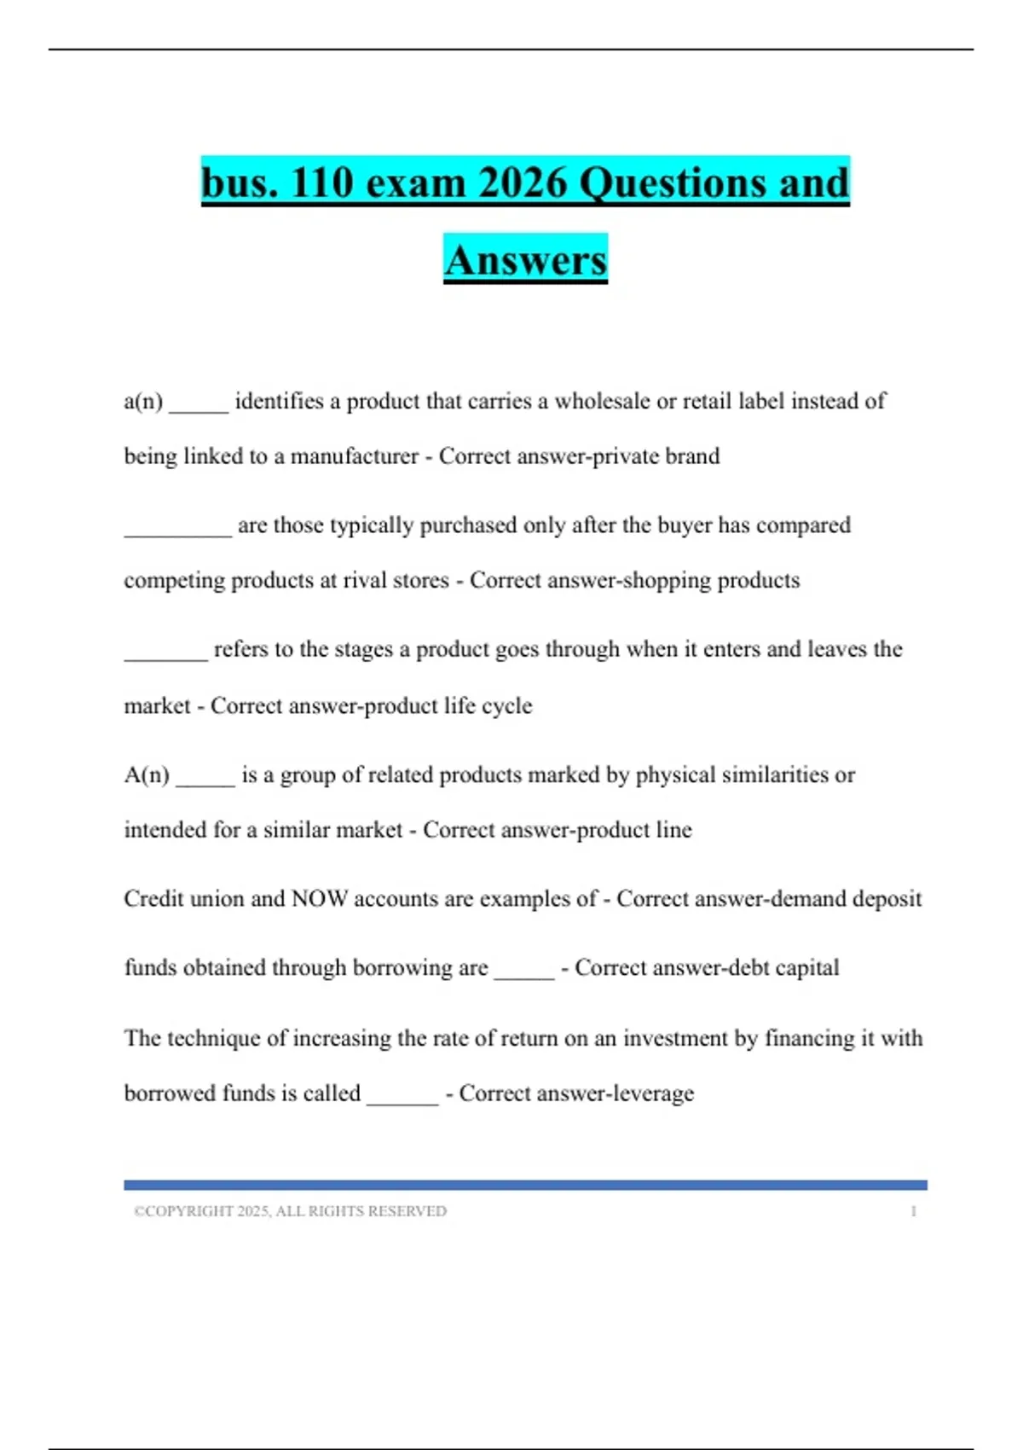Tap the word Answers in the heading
pyautogui.click(x=525, y=259)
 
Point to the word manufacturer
pyautogui.click(x=355, y=456)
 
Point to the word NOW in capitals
pyautogui.click(x=320, y=898)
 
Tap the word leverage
pyautogui.click(x=654, y=1093)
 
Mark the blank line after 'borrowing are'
pyautogui.click(x=524, y=972)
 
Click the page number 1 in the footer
pyautogui.click(x=913, y=1211)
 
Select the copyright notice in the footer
pyautogui.click(x=290, y=1211)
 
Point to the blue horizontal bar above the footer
pyautogui.click(x=525, y=1185)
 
